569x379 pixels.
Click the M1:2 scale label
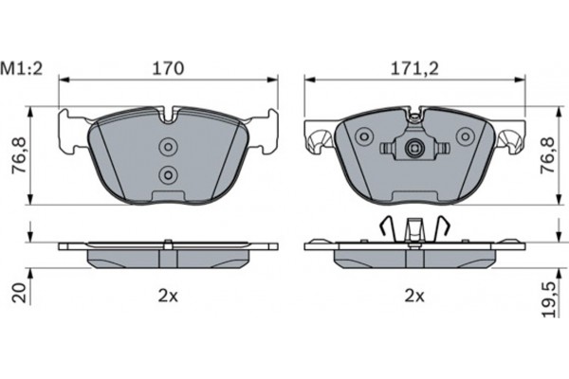tap(25, 68)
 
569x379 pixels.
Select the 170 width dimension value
tap(168, 68)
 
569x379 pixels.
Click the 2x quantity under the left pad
tap(168, 295)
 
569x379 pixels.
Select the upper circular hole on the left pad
tap(169, 147)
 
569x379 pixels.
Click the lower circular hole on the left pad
tap(169, 174)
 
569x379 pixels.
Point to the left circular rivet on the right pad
tap(361, 138)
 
